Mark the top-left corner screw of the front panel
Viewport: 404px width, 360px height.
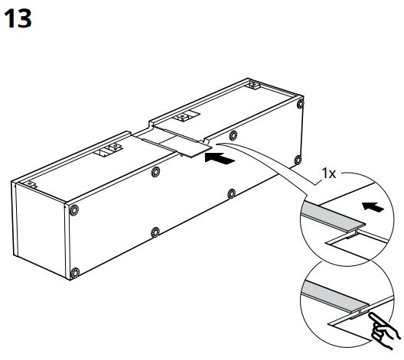tap(74, 208)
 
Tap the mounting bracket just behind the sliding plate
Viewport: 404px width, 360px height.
tap(184, 118)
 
